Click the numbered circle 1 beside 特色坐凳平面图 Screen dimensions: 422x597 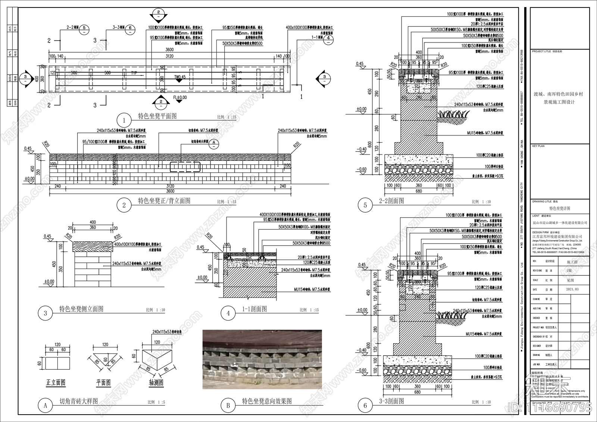point(124,120)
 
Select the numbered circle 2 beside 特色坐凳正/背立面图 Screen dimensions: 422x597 point(124,205)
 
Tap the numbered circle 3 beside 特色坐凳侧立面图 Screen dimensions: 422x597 point(46,313)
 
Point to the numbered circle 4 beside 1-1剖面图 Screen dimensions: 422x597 point(228,313)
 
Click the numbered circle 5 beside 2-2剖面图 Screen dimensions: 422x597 point(365,205)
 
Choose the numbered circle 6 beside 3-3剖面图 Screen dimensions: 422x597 point(365,405)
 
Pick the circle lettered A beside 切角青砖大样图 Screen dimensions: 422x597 point(46,405)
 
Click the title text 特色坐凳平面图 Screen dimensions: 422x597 point(157,116)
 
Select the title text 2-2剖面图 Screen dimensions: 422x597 point(391,201)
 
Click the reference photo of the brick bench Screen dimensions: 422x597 point(262,359)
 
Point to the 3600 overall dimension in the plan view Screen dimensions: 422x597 point(169,50)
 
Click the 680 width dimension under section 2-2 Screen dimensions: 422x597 point(419,191)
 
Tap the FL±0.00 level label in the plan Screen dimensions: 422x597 point(180,98)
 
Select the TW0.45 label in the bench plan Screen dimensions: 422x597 point(179,77)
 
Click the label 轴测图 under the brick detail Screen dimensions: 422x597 point(156,383)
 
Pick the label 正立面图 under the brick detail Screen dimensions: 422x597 point(56,382)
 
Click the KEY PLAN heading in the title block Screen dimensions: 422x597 point(538,146)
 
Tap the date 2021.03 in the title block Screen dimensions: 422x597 point(572,289)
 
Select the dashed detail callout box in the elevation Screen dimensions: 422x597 point(185,167)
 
